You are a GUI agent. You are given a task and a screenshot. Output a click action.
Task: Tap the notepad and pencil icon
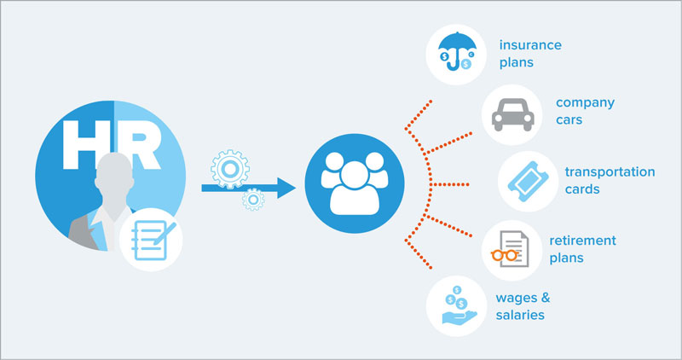coord(153,239)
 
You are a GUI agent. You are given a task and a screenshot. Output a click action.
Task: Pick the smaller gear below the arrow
coord(253,201)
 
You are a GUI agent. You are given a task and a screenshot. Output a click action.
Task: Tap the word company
coord(585,103)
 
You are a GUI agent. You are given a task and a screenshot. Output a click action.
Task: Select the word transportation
coord(610,171)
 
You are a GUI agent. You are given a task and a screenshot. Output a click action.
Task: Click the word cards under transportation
coord(582,189)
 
